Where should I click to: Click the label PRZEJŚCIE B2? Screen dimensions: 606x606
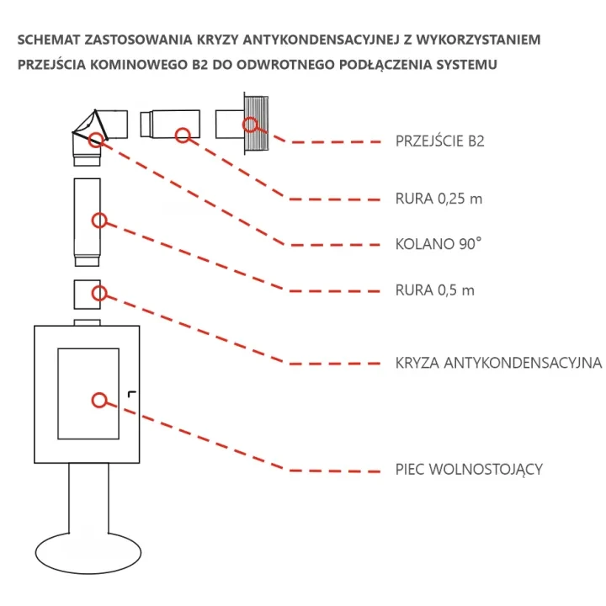click(x=439, y=141)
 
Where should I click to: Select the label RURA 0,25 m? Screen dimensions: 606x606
click(x=438, y=199)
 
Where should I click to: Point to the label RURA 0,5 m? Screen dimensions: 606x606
click(x=434, y=290)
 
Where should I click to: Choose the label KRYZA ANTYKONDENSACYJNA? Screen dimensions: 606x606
click(x=497, y=364)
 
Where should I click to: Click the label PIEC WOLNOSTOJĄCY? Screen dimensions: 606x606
click(x=468, y=469)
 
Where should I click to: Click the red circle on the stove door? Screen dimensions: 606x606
click(x=99, y=401)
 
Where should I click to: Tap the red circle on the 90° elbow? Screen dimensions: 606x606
click(x=98, y=138)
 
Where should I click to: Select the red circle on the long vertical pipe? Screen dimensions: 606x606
click(x=99, y=221)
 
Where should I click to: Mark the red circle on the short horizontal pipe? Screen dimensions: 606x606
click(x=181, y=133)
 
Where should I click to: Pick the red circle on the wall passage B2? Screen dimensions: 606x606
click(x=250, y=125)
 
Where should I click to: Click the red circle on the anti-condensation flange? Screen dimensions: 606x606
click(x=99, y=293)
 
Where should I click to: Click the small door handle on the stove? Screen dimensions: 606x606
click(x=131, y=393)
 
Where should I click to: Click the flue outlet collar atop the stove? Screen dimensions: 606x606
click(x=88, y=322)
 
